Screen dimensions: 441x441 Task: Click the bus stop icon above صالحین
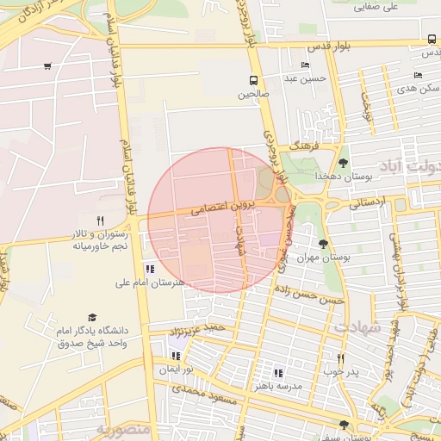click(254, 79)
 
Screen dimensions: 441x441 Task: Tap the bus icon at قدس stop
click(432, 40)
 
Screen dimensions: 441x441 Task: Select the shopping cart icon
click(47, 65)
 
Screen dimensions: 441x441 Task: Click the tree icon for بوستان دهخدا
click(344, 162)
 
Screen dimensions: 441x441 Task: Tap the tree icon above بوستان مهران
click(324, 244)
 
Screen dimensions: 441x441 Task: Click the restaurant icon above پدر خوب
click(341, 358)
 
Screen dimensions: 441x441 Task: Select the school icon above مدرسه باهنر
click(277, 372)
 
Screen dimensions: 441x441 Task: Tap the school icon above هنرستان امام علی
click(151, 268)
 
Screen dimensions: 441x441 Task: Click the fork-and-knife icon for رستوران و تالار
click(100, 220)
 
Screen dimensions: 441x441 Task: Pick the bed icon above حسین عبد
click(305, 65)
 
